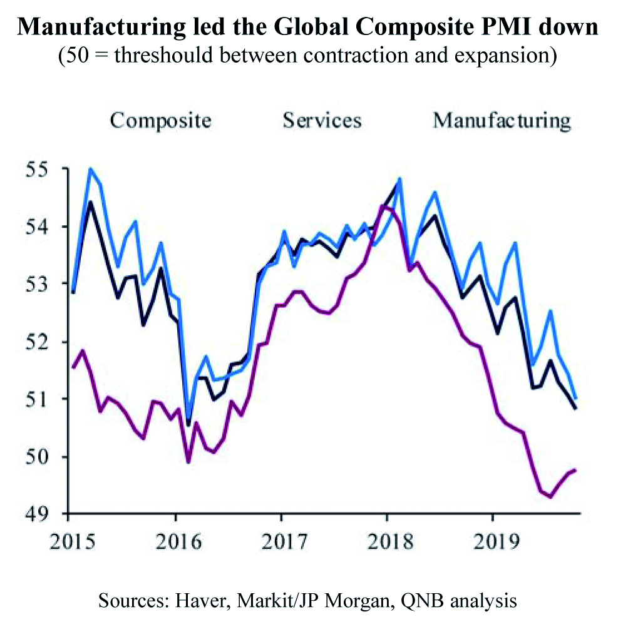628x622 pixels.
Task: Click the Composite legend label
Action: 160,121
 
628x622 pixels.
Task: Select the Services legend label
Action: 322,120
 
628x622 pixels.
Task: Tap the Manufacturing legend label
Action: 502,121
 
